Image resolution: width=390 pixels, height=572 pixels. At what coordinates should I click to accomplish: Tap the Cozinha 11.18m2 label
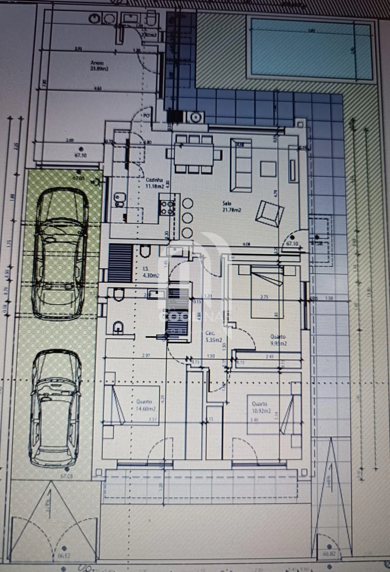pyautogui.click(x=155, y=183)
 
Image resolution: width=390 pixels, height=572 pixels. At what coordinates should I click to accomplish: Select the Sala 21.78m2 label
pyautogui.click(x=231, y=206)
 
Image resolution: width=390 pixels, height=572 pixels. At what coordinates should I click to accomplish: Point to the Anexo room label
pyautogui.click(x=99, y=65)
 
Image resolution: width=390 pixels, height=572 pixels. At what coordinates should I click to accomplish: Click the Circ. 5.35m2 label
pyautogui.click(x=213, y=337)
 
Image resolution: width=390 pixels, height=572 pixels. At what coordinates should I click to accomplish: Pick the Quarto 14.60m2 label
pyautogui.click(x=145, y=405)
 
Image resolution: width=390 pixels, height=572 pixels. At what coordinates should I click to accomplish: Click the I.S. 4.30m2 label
pyautogui.click(x=150, y=272)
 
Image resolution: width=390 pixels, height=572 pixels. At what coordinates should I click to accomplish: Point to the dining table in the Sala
pyautogui.click(x=194, y=154)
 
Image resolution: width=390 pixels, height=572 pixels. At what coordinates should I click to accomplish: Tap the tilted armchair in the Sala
pyautogui.click(x=270, y=213)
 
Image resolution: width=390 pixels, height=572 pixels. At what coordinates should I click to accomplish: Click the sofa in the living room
pyautogui.click(x=241, y=165)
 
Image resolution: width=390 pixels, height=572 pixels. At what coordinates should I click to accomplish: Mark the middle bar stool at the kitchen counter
pyautogui.click(x=187, y=218)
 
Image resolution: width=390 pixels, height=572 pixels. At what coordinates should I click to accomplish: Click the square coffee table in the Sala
pyautogui.click(x=268, y=169)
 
